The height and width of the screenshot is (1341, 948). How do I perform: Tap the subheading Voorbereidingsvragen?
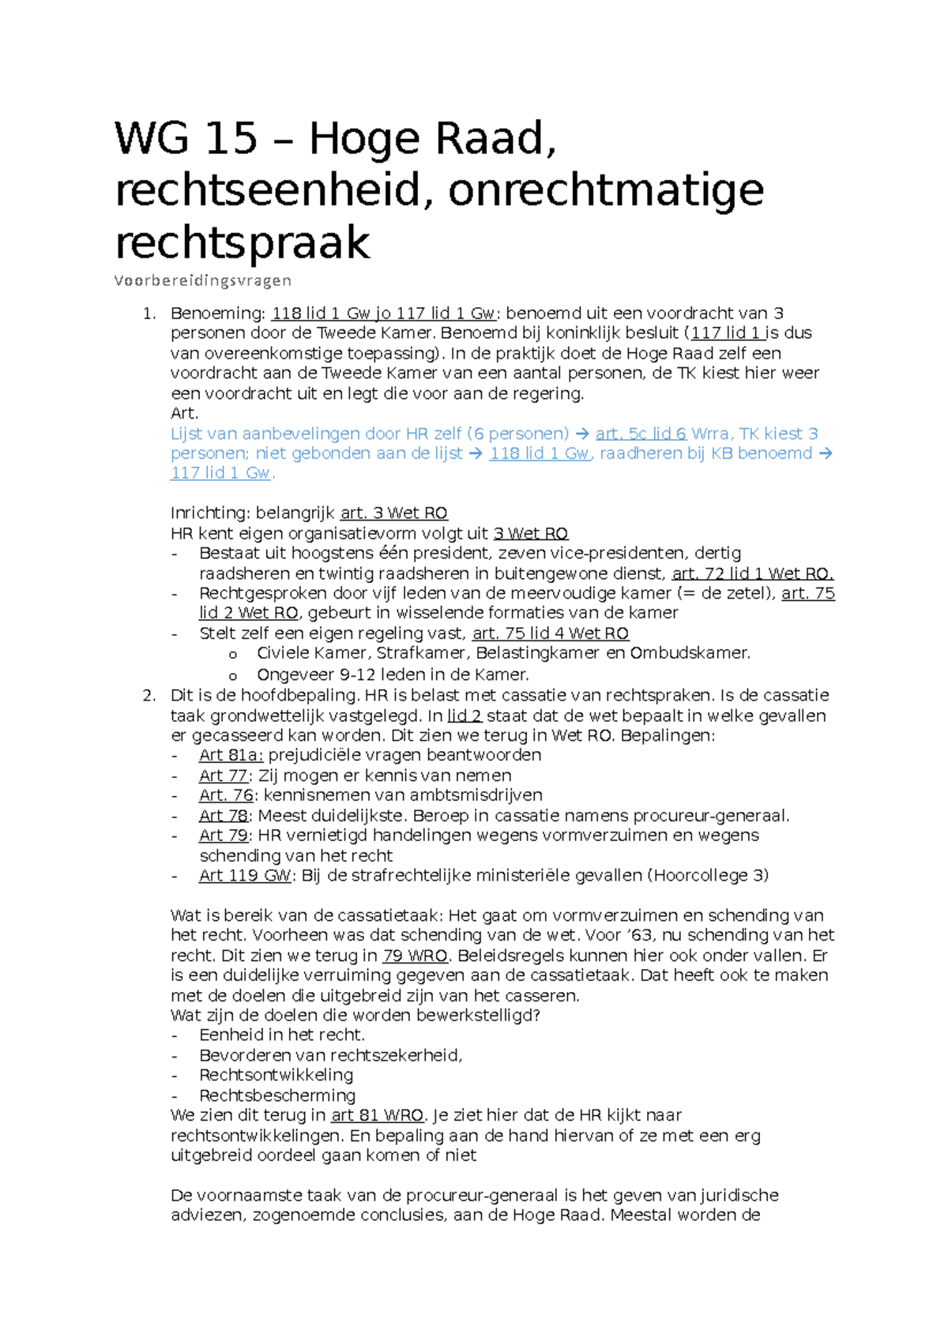203,280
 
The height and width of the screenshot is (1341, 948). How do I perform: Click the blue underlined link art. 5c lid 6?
641,434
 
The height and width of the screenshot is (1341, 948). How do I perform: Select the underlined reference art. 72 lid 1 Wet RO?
752,573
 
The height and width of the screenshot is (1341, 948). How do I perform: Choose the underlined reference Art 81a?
231,755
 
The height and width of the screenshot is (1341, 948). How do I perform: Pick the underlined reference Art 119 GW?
245,875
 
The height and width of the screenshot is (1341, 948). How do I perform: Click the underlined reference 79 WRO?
416,956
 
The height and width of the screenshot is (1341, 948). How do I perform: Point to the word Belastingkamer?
537,653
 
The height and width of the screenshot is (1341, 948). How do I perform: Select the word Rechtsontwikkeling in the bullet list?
276,1075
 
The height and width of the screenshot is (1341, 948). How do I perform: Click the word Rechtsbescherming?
277,1095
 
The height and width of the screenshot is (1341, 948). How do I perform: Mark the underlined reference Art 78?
224,815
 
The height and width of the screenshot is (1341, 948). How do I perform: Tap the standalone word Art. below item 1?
184,413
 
